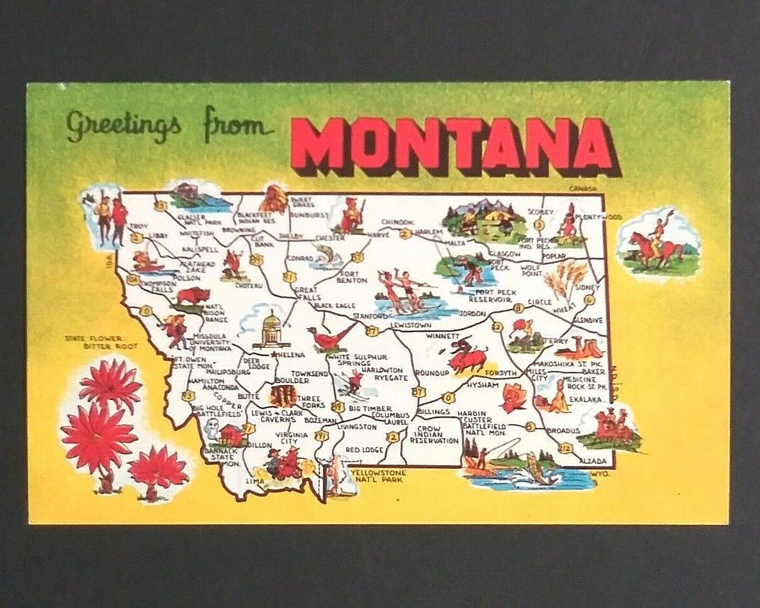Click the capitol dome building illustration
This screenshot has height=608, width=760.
pos(272,330)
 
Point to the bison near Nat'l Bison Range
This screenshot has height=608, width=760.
pos(193,296)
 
